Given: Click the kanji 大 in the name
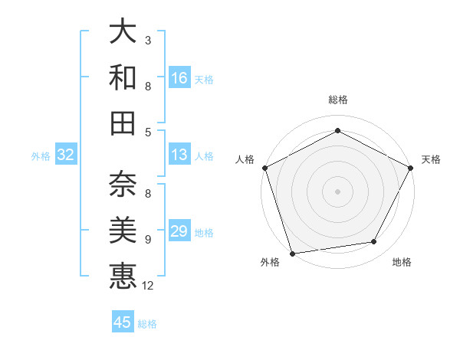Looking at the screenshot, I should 123,32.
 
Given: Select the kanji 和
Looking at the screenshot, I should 123,77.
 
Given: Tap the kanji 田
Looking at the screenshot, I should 123,123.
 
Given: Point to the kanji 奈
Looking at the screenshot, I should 123,185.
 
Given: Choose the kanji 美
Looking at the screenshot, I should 123,230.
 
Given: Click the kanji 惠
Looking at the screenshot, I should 123,275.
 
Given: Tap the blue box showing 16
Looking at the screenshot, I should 179,77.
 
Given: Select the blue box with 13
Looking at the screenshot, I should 179,155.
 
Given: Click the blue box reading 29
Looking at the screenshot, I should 179,231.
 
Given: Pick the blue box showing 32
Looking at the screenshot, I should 66,155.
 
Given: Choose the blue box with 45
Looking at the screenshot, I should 123,322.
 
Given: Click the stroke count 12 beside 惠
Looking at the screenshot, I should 148,286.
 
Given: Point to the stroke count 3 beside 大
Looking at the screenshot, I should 148,39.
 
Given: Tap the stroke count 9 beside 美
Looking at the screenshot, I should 148,240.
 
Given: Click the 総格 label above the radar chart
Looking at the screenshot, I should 337,100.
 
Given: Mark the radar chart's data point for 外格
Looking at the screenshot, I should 293,253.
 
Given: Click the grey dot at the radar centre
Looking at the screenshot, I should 337,191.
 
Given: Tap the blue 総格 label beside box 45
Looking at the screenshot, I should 147,324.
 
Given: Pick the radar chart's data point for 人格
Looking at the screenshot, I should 264,167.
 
